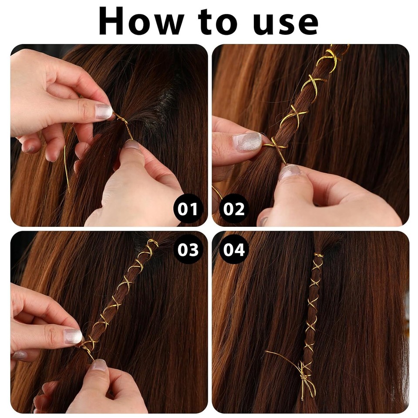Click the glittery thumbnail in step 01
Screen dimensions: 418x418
(104, 111)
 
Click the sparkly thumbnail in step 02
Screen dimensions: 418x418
(247, 142)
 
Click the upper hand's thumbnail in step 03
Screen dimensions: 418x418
(73, 336)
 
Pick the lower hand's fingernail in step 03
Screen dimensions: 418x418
(99, 364)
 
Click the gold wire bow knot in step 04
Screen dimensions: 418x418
(305, 372)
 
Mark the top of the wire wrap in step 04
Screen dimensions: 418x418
(318, 256)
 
